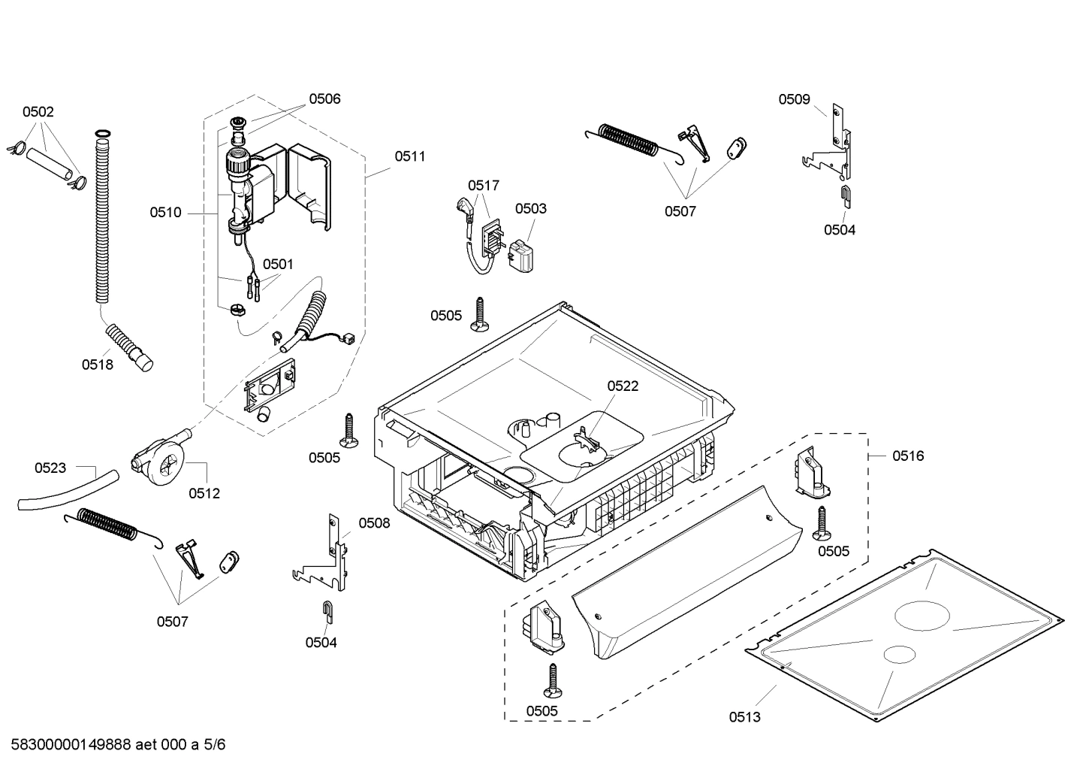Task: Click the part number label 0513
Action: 744,716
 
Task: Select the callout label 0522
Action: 623,386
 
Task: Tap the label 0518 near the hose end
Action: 98,365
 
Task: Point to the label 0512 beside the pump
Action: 204,493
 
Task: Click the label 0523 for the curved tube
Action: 50,468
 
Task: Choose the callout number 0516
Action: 908,456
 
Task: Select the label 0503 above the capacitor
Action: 531,208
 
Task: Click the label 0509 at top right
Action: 794,98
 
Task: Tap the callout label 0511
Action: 410,156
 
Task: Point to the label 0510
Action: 165,213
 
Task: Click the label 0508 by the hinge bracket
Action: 374,522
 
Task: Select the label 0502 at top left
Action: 38,112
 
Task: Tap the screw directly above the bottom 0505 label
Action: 553,680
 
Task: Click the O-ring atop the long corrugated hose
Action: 102,135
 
